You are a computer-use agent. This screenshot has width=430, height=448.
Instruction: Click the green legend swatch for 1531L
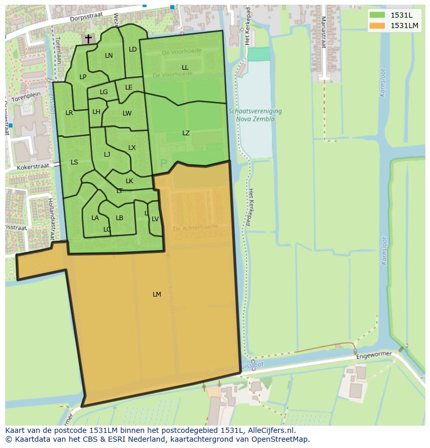(378, 15)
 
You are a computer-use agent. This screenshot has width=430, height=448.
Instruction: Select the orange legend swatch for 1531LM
(378, 25)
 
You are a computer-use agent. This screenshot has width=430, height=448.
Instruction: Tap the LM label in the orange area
(157, 295)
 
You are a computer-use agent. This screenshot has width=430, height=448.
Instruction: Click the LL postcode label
(185, 68)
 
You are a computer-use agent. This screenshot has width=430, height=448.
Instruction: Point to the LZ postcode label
(186, 133)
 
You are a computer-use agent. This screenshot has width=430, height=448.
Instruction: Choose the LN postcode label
(109, 56)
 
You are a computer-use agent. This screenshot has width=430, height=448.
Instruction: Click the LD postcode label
(132, 49)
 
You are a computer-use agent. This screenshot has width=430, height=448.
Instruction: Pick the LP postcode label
(83, 77)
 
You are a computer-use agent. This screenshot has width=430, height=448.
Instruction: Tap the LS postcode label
(74, 162)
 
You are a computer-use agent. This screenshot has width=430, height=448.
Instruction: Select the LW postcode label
(127, 113)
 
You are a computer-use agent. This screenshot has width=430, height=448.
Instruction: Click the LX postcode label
(132, 148)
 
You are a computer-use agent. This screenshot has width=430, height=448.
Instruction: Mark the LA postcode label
(95, 218)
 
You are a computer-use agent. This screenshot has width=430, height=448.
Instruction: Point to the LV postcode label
(155, 219)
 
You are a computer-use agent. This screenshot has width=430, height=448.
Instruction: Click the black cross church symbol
(88, 39)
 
